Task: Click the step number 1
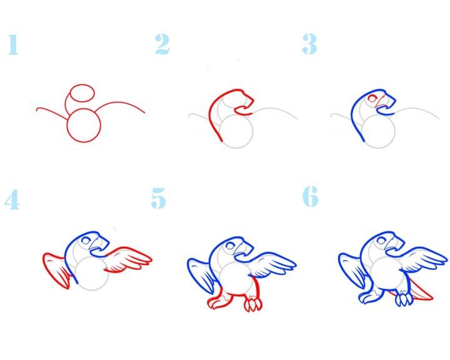pyautogui.click(x=13, y=44)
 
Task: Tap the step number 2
pyautogui.click(x=162, y=44)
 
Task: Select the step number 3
pyautogui.click(x=309, y=44)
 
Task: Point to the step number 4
pyautogui.click(x=12, y=199)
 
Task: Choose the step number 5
pyautogui.click(x=158, y=198)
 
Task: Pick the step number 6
pyautogui.click(x=311, y=196)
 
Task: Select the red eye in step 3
pyautogui.click(x=372, y=99)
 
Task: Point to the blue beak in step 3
pyautogui.click(x=386, y=102)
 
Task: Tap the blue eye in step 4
pyautogui.click(x=86, y=241)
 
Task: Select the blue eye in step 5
pyautogui.click(x=230, y=246)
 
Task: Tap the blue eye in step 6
pyautogui.click(x=381, y=240)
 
